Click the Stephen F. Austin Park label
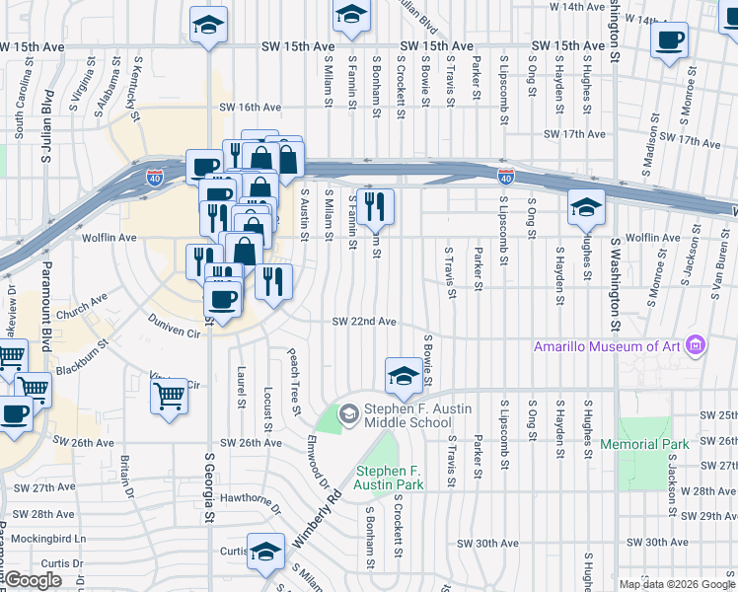click(390, 478)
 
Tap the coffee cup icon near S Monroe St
click(670, 40)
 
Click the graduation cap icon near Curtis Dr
click(264, 552)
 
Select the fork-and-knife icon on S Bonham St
click(375, 205)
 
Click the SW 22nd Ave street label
click(364, 322)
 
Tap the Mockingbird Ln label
click(43, 540)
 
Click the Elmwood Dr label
click(317, 459)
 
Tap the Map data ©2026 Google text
click(677, 584)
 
